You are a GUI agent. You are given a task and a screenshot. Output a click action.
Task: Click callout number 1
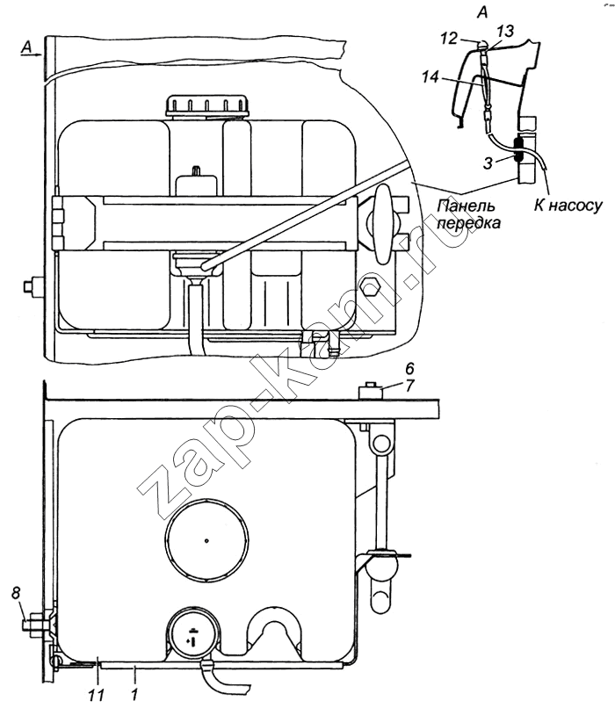tap(134, 691)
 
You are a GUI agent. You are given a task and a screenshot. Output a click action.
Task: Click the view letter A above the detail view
tap(482, 11)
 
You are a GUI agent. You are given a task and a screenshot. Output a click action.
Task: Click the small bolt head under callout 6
tap(370, 387)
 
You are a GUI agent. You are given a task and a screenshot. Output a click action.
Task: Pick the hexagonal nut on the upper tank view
tap(370, 287)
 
